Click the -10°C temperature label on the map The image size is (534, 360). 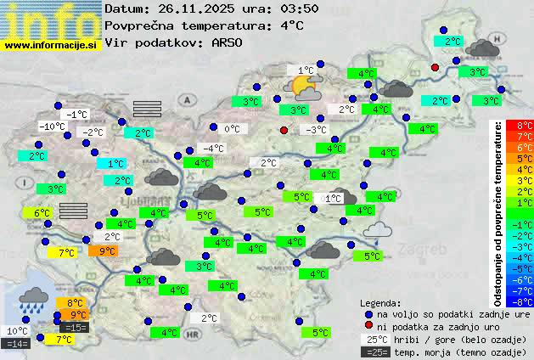click(53, 127)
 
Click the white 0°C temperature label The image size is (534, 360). click(232, 129)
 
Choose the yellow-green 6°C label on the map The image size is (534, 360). click(42, 212)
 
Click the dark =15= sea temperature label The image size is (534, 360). click(74, 327)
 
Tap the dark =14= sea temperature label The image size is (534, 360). click(16, 343)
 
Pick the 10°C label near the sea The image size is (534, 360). click(16, 331)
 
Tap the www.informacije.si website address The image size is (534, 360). click(51, 44)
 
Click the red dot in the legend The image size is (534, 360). click(368, 327)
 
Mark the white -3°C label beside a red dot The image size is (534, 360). click(317, 130)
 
